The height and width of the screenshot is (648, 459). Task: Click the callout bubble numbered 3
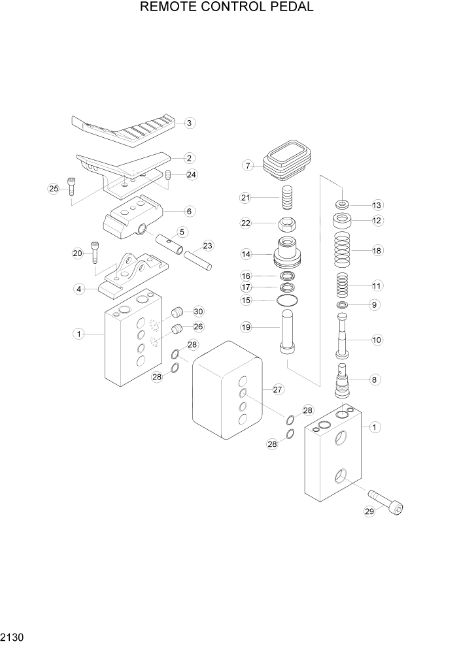tap(189, 123)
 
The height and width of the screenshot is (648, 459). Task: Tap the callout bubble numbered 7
tap(248, 166)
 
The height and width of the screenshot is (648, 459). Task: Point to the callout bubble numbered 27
tap(277, 390)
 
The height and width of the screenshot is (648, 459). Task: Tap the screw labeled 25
tap(71, 187)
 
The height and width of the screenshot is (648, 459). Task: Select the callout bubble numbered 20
tap(78, 253)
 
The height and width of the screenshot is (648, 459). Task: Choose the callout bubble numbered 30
tap(198, 312)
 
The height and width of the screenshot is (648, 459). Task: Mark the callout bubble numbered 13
tap(377, 204)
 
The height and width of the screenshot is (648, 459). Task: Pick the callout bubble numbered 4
tap(79, 288)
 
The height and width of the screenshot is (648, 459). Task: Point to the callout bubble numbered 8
tap(377, 379)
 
